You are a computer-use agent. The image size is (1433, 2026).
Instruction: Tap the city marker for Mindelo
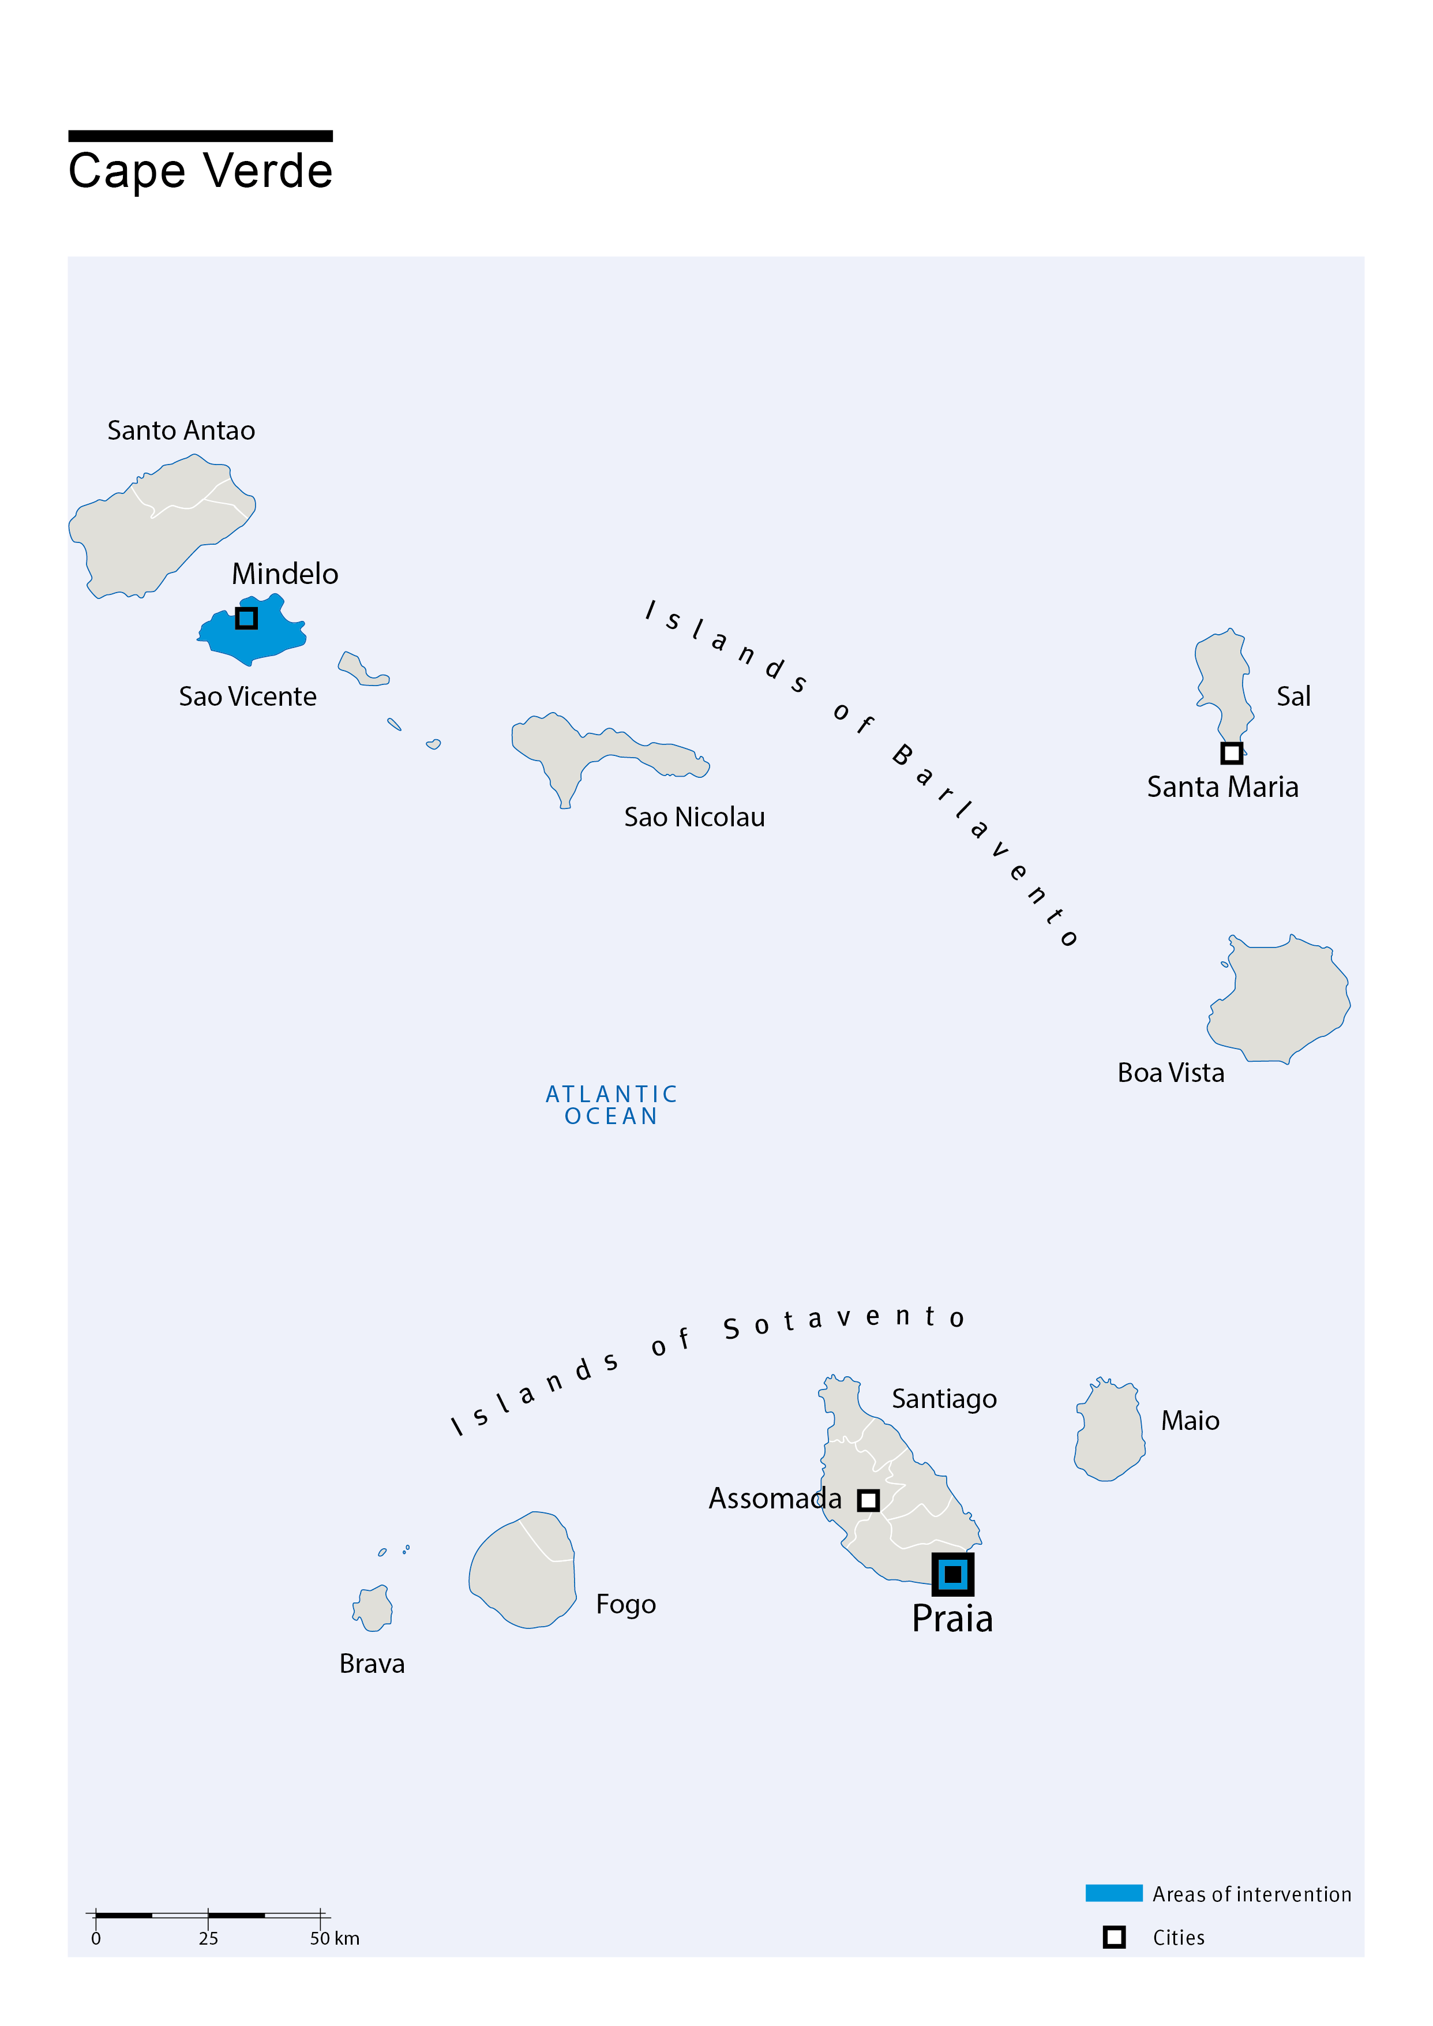[246, 617]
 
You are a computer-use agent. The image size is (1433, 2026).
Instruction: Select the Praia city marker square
[952, 1574]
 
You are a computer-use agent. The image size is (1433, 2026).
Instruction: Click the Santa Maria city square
[1232, 752]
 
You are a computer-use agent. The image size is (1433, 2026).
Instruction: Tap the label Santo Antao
[181, 430]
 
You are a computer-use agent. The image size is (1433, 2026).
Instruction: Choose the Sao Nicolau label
[695, 817]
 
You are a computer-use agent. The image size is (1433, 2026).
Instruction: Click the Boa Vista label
[1171, 1073]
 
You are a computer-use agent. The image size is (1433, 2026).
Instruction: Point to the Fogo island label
[625, 1604]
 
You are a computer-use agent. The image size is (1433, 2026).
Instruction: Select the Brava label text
[372, 1664]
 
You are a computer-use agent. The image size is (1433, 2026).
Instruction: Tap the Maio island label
[1190, 1421]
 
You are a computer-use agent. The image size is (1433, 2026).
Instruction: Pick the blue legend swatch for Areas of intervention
[1113, 1893]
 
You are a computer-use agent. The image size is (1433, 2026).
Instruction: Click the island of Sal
[1224, 679]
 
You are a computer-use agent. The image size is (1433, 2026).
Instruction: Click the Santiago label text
[944, 1399]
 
